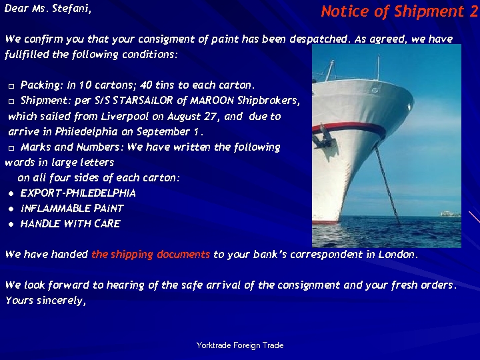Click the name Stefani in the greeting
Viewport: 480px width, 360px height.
coord(70,9)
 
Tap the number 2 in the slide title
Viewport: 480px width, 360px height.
coord(473,11)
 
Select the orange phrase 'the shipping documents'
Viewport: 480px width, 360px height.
coord(151,254)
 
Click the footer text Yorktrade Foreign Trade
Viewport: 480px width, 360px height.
coord(240,345)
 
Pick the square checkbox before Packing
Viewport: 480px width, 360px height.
coord(11,87)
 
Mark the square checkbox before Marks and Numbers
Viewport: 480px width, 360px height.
coord(11,148)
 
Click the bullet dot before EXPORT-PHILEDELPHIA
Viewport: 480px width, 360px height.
coord(11,193)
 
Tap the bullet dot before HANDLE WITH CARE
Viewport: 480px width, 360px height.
coord(11,225)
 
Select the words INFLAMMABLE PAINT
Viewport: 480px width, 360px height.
coord(72,209)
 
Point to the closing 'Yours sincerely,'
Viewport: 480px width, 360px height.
coord(46,300)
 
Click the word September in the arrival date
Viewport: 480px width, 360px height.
coord(165,131)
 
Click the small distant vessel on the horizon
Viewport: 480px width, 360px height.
coord(448,213)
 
